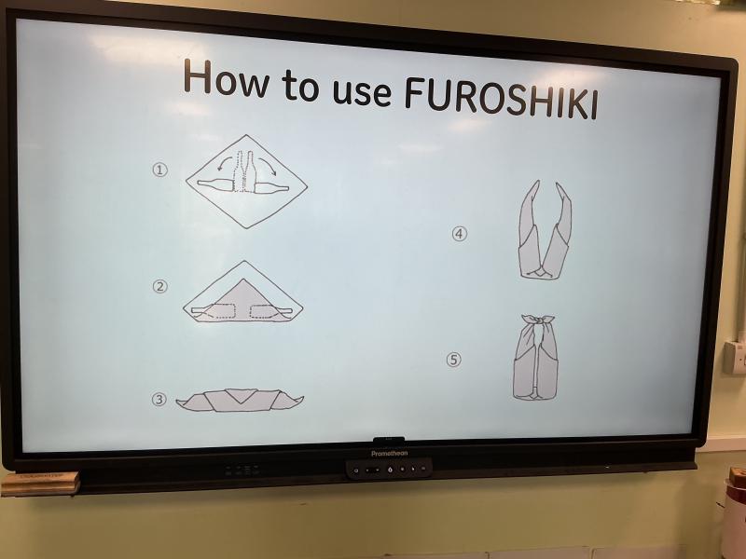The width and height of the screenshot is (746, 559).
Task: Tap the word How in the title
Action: pyautogui.click(x=226, y=78)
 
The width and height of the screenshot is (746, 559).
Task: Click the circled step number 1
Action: pyautogui.click(x=159, y=170)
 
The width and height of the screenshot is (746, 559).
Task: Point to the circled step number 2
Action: pyautogui.click(x=160, y=286)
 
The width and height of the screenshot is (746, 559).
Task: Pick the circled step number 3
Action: pyautogui.click(x=159, y=400)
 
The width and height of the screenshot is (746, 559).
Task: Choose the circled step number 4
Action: pyautogui.click(x=459, y=234)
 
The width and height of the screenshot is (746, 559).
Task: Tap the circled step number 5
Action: pyautogui.click(x=453, y=360)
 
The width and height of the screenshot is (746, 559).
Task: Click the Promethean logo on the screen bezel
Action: pyautogui.click(x=389, y=454)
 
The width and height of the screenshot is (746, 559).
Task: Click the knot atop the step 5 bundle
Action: pyautogui.click(x=538, y=321)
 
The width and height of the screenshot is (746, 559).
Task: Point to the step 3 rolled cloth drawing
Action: pyautogui.click(x=240, y=400)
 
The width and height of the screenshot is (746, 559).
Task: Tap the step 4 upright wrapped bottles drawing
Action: pyautogui.click(x=545, y=229)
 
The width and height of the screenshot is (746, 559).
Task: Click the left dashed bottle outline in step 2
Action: pyautogui.click(x=219, y=311)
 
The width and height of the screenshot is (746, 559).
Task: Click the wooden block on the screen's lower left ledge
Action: pyautogui.click(x=40, y=483)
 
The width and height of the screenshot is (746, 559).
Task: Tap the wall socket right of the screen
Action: pyautogui.click(x=735, y=357)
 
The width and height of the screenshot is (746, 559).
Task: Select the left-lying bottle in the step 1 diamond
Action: pyautogui.click(x=215, y=184)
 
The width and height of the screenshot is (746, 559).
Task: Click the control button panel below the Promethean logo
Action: pyautogui.click(x=389, y=470)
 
